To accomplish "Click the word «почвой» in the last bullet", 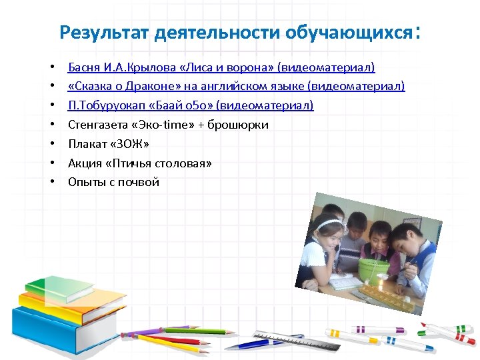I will click(137, 182).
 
